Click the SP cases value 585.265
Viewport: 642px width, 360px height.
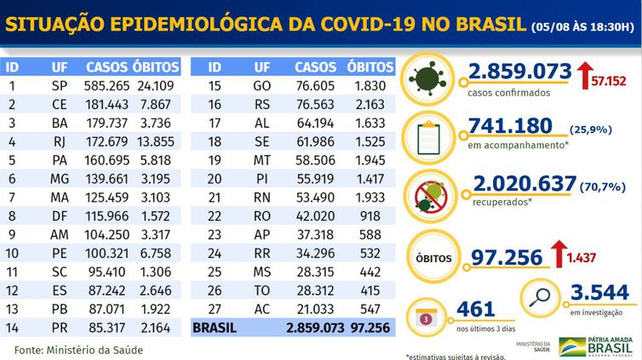(107, 85)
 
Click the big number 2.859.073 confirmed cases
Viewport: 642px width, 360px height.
(519, 74)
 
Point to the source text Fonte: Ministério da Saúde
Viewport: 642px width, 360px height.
(78, 350)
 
